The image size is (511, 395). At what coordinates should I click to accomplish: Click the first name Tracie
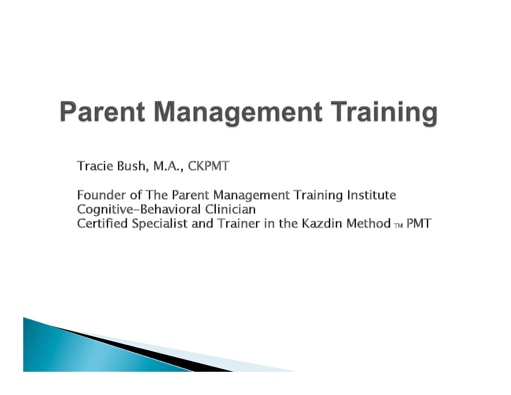pos(95,166)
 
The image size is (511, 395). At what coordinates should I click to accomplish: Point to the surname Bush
pos(132,166)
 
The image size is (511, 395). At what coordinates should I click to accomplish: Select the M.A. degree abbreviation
pos(168,166)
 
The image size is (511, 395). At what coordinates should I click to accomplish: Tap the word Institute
pos(372,195)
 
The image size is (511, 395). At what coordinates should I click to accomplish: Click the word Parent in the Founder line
pos(190,195)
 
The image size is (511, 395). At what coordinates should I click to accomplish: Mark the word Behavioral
pos(170,209)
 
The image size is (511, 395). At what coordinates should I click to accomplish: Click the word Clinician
pos(230,209)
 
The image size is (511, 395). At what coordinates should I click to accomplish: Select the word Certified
pos(102,223)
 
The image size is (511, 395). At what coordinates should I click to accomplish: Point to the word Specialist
pos(160,224)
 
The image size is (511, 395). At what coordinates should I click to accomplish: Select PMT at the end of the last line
pos(419,223)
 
